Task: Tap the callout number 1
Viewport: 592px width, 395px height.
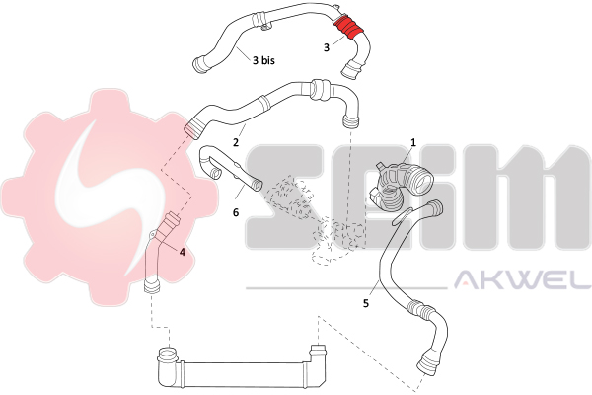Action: click(412, 142)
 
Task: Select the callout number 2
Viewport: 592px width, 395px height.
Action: click(236, 143)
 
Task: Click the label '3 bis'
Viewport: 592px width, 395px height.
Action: click(263, 60)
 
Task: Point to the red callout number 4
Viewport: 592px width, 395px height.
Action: click(182, 251)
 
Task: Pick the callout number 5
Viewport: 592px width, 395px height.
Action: click(365, 304)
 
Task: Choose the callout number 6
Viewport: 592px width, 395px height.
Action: click(236, 211)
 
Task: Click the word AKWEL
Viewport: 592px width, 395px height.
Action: click(520, 283)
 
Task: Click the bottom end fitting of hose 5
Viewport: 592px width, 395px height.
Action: click(426, 362)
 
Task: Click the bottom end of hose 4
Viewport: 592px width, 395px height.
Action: click(150, 287)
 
